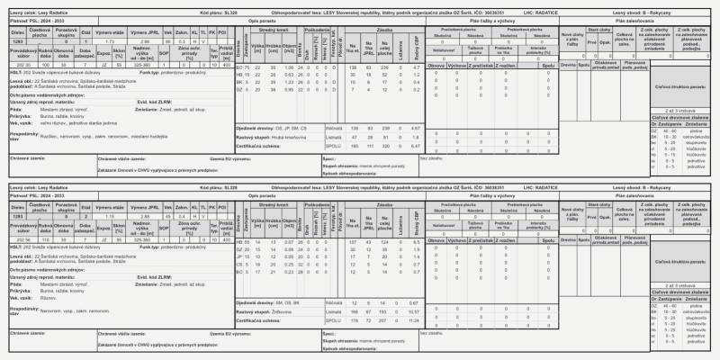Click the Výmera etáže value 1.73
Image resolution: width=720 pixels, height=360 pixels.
tap(109, 41)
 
